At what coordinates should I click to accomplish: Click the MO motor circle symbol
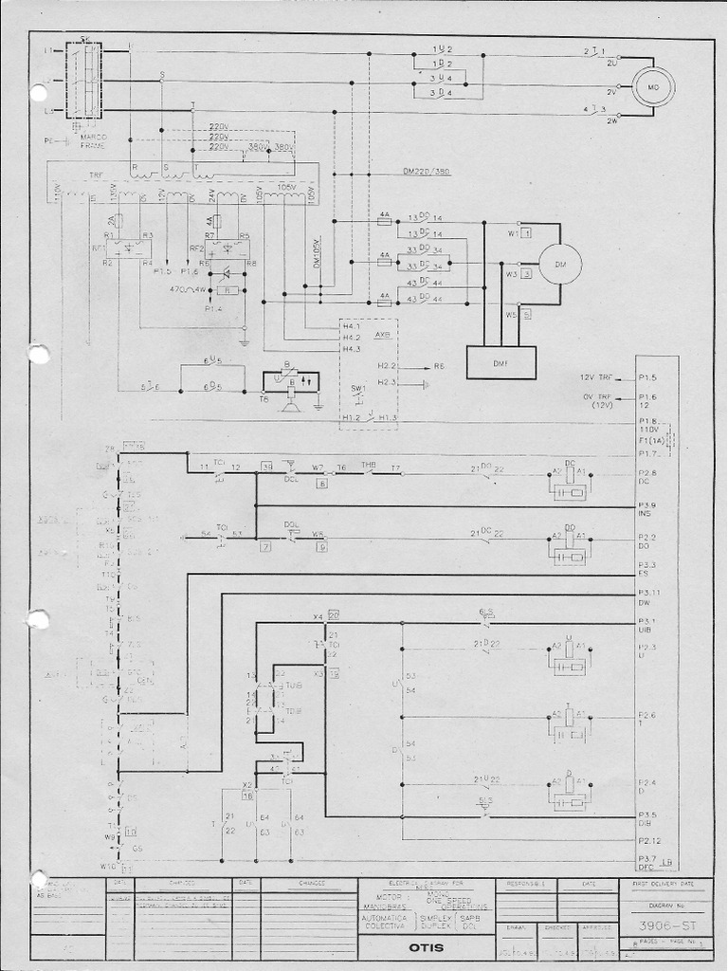[x=652, y=87]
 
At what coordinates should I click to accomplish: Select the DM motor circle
[x=559, y=265]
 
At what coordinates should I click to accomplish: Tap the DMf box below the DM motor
[x=500, y=362]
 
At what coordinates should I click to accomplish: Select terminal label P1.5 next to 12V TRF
[x=647, y=377]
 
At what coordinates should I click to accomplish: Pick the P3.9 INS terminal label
[x=647, y=509]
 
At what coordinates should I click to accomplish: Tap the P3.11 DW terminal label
[x=648, y=597]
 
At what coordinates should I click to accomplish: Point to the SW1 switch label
[x=358, y=389]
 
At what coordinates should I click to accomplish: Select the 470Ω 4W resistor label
[x=187, y=289]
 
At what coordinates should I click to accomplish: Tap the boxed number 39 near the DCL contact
[x=267, y=467]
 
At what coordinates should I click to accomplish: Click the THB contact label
[x=369, y=464]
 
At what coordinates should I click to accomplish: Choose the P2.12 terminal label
[x=649, y=840]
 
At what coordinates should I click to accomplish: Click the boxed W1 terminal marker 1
[x=525, y=231]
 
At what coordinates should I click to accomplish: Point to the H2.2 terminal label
[x=386, y=365]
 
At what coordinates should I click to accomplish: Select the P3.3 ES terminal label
[x=647, y=569]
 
